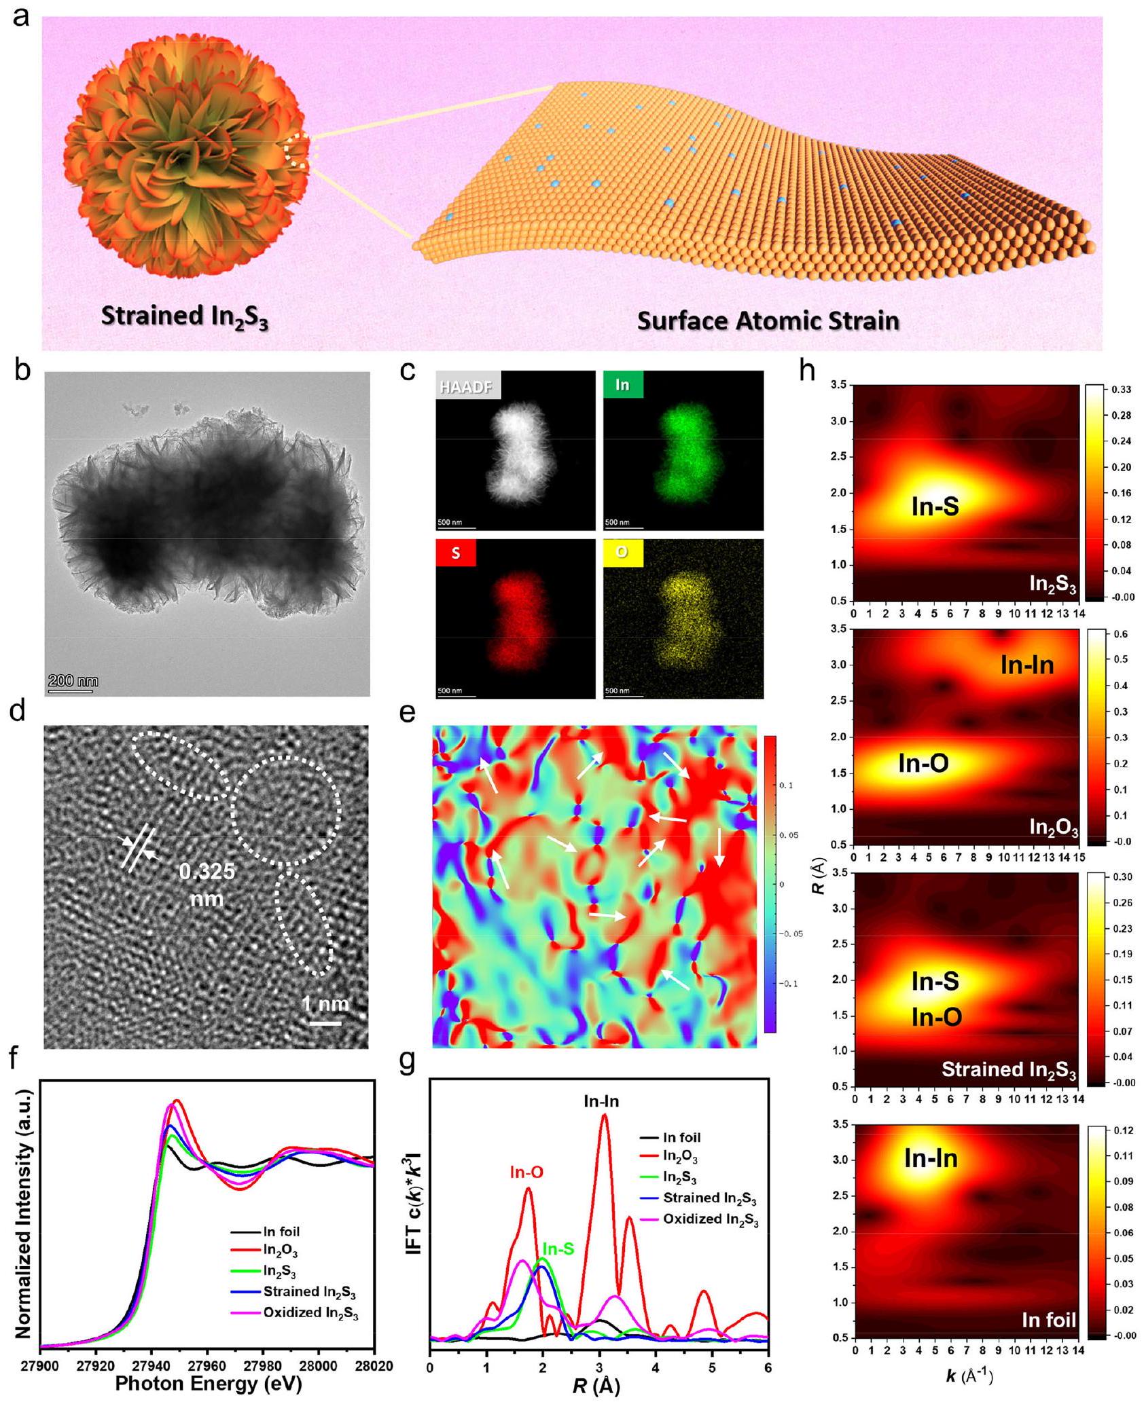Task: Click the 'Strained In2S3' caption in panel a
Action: tap(184, 318)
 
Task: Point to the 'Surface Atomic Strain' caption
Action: tap(768, 320)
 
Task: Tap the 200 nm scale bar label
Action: tap(73, 681)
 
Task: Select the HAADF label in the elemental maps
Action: tap(468, 387)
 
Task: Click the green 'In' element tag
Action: tap(622, 385)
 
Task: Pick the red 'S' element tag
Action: tap(455, 553)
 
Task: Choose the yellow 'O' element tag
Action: tap(621, 553)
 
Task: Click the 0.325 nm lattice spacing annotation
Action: tap(207, 885)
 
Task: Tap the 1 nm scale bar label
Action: tap(325, 1003)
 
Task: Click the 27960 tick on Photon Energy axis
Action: tap(207, 1365)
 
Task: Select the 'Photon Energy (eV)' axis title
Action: tap(208, 1384)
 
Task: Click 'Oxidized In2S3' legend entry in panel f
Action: tap(310, 1313)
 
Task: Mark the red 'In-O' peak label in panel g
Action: tap(526, 1172)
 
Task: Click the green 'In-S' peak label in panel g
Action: tap(558, 1248)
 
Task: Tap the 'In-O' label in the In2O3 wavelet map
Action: tap(923, 764)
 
